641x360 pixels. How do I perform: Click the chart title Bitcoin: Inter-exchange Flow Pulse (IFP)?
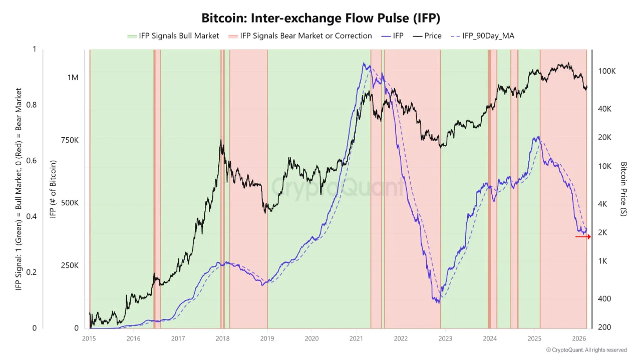pos(320,19)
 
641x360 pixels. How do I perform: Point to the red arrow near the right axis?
pos(583,236)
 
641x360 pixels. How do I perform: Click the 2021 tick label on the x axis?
pos(356,339)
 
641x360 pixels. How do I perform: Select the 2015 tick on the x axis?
pos(89,339)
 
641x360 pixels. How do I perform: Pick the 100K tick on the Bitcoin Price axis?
pos(607,72)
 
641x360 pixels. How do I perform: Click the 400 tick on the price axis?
pos(604,299)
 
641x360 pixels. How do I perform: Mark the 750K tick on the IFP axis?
pos(70,141)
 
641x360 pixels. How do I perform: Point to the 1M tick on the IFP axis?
pos(73,78)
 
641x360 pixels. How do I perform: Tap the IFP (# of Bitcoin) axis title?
pos(53,189)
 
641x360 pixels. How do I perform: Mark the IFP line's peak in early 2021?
pos(364,63)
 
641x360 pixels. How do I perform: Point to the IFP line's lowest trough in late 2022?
pos(439,303)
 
